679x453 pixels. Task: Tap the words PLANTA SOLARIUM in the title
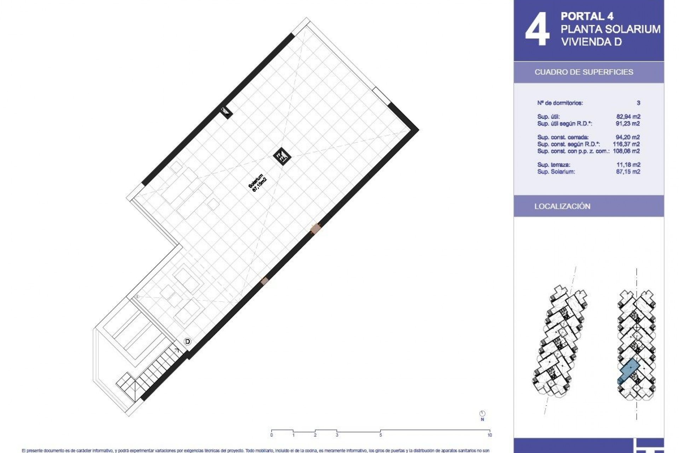610,29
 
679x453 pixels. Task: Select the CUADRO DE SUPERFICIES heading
584,72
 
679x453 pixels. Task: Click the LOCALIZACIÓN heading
562,206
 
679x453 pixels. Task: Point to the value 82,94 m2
628,116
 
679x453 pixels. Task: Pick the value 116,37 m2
626,144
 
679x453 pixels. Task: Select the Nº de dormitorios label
560,103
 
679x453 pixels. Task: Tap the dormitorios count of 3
638,103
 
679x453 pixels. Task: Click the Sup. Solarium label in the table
556,172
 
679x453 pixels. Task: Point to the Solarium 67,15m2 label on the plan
257,183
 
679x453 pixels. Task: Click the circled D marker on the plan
188,342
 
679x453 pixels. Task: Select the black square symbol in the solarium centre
282,156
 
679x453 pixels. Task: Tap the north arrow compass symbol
482,414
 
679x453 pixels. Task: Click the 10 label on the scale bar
489,435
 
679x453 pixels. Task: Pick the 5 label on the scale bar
381,435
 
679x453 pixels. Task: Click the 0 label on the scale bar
272,435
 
